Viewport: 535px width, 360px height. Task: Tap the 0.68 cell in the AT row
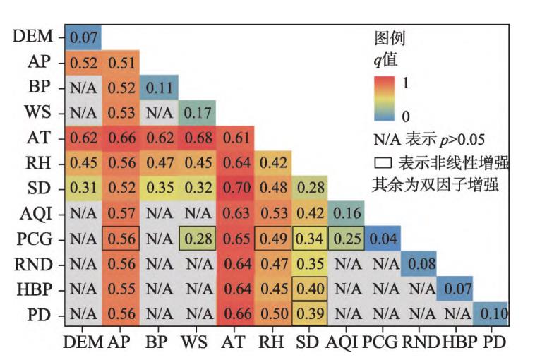click(198, 138)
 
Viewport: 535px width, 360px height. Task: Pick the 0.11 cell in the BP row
click(160, 87)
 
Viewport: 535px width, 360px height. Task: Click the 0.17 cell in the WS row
click(198, 112)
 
